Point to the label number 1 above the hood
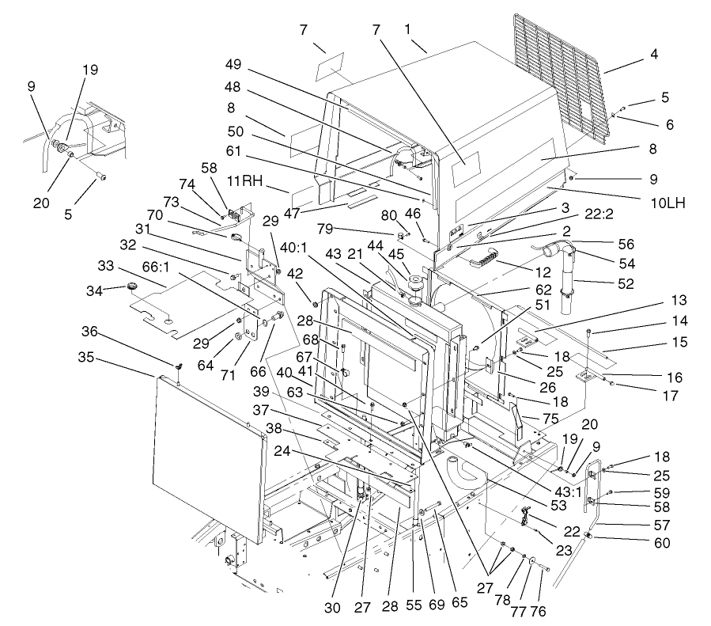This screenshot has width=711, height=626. tap(408, 28)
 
